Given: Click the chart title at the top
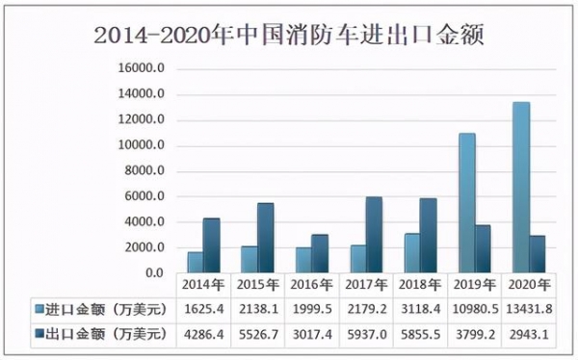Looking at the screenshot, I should coord(289,36).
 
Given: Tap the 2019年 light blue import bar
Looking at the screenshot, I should coord(466,203).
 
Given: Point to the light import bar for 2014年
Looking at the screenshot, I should coord(195,262).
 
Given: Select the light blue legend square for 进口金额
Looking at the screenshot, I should coord(39,310).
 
